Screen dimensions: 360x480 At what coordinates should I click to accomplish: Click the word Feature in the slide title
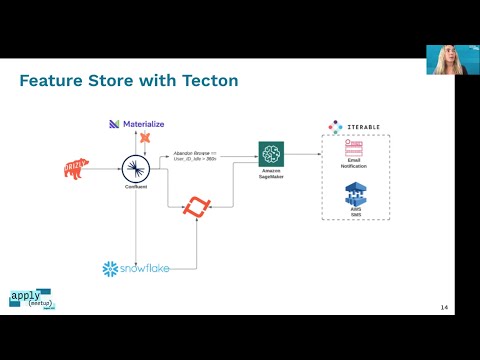point(56,80)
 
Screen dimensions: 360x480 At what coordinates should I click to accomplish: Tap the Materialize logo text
point(147,123)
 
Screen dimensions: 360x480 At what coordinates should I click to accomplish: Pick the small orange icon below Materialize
point(144,136)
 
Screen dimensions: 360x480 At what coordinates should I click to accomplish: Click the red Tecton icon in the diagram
point(197,208)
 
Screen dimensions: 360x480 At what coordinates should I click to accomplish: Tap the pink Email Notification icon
point(353,148)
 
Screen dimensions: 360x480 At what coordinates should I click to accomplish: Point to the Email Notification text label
point(353,165)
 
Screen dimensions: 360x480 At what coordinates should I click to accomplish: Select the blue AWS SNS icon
point(353,190)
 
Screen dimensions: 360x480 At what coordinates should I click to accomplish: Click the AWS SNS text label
point(353,210)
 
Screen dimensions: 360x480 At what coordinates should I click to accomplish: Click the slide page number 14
point(444,307)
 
